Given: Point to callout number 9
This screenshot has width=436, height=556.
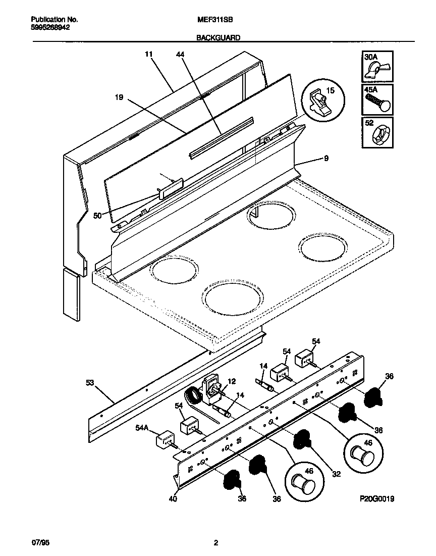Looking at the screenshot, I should (x=326, y=159).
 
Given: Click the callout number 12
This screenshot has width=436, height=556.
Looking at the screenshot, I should (x=232, y=381).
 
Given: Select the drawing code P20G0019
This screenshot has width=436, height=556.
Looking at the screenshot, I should (x=376, y=498).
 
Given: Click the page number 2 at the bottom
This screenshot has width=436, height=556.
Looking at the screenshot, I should (x=216, y=543).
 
